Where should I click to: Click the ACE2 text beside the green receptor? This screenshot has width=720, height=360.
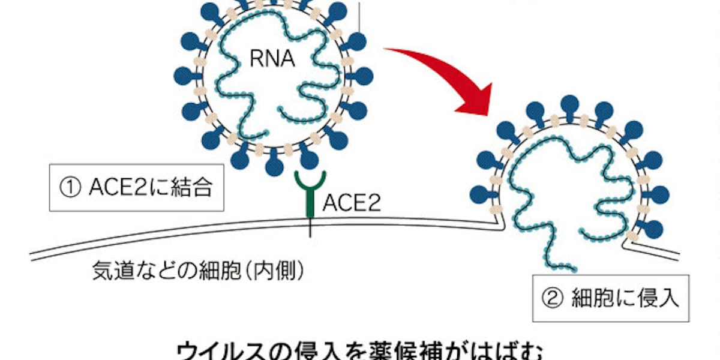coord(350,203)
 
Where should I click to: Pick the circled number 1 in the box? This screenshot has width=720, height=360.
coord(71,188)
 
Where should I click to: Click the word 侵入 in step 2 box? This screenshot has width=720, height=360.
coord(658,299)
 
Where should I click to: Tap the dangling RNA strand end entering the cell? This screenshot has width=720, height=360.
coord(573,269)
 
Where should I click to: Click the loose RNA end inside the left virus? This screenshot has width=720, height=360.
coord(281,108)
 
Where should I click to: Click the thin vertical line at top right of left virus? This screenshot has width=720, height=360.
coord(359,15)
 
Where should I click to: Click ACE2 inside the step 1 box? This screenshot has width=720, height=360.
coord(117,188)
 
